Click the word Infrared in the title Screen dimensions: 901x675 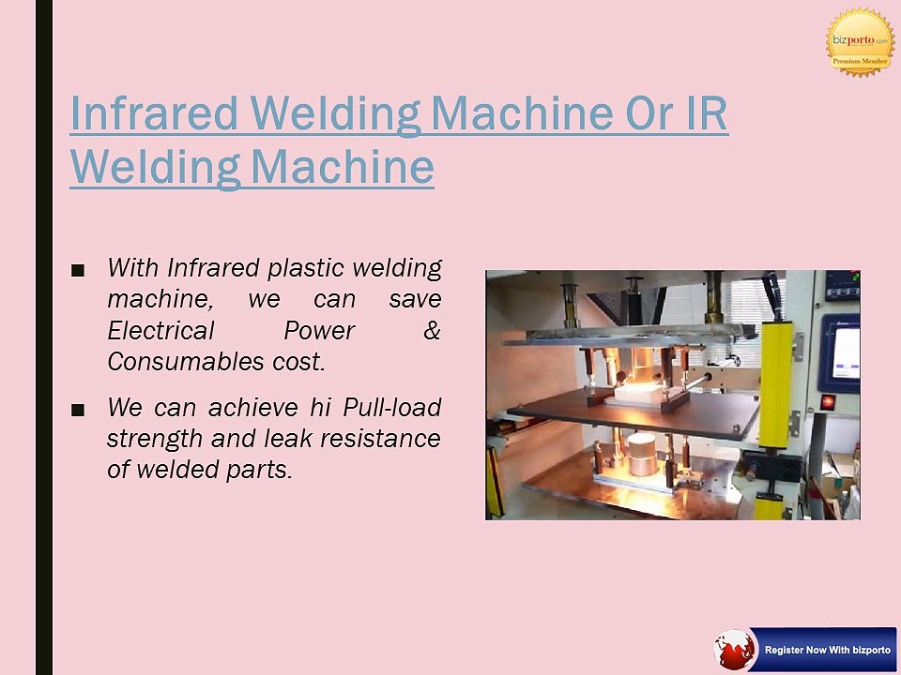coord(154,113)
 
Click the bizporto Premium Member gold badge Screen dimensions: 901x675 coord(861,42)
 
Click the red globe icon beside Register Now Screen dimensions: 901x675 coord(734,649)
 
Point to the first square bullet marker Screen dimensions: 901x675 coord(78,270)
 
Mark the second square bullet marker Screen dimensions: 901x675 coord(78,410)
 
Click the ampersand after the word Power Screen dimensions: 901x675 coord(432,331)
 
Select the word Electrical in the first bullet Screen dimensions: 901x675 coord(160,331)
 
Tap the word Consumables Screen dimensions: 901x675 coord(186,362)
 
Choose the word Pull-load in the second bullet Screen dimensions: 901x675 coord(392,408)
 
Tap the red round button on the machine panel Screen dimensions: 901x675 coord(828,402)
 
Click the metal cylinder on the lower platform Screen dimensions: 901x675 coord(642,455)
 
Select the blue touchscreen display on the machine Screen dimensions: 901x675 coord(840,353)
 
